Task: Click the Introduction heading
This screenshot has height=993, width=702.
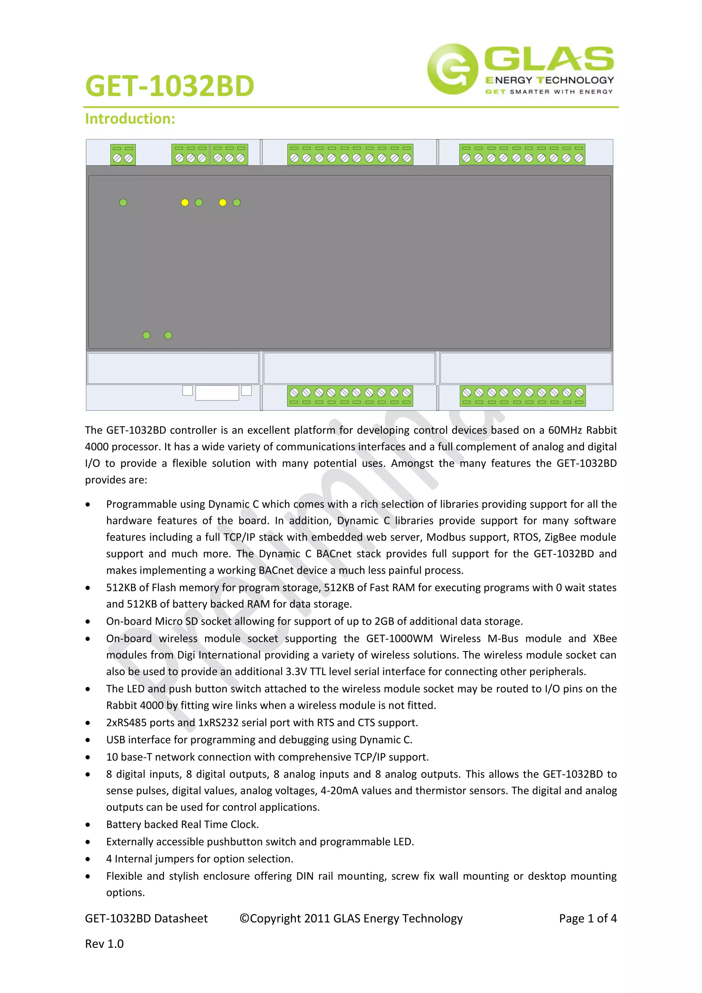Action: (x=130, y=119)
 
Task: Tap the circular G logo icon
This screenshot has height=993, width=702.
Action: (x=452, y=69)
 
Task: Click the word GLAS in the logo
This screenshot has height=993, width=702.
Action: (x=548, y=59)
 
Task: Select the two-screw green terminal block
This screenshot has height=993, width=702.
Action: (x=123, y=154)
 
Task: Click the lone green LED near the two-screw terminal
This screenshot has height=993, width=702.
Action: (x=123, y=202)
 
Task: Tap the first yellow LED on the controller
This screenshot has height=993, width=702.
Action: (x=184, y=202)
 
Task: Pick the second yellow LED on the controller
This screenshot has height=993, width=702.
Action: (x=222, y=202)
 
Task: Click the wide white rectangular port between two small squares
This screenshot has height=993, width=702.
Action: (x=217, y=393)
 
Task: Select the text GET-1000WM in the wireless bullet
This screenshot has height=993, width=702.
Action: (x=399, y=638)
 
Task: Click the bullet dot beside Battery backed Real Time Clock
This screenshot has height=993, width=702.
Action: (x=88, y=825)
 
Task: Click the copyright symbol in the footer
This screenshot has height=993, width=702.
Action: (x=244, y=918)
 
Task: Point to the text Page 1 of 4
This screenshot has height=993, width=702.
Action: (x=588, y=918)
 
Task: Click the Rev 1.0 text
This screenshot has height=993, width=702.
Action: (x=104, y=944)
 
